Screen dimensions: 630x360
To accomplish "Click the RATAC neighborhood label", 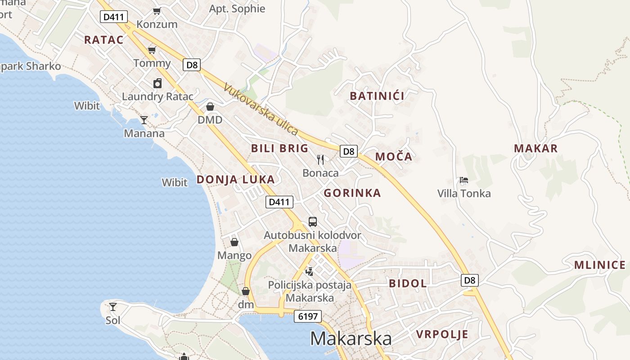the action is (x=103, y=40).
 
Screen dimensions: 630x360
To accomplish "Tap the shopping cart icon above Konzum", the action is (x=157, y=11).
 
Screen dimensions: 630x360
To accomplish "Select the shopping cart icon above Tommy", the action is (x=152, y=49).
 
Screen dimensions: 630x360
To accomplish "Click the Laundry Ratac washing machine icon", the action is (x=157, y=83).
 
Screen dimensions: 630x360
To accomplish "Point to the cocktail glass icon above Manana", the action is (x=144, y=120).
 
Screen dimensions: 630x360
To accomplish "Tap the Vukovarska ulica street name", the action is (x=261, y=110).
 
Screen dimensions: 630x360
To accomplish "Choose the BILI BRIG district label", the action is (x=279, y=148).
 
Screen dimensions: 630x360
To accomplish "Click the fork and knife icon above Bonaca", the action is (x=320, y=159).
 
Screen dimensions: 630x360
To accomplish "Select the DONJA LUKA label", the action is (x=235, y=180).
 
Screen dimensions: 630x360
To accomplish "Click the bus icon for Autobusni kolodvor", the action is (x=312, y=221).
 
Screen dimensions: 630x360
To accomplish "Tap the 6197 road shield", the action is (x=308, y=316).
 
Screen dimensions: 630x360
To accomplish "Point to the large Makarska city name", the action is (x=351, y=338).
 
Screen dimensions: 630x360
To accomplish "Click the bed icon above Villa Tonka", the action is (x=464, y=180).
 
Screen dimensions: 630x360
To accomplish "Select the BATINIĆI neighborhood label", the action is (x=377, y=95).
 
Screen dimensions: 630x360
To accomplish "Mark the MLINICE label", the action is (x=600, y=265).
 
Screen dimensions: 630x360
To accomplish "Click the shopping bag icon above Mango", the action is (x=234, y=242).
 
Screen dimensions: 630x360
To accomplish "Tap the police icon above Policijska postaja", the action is (x=309, y=271).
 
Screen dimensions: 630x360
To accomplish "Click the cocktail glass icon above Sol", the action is (x=113, y=307).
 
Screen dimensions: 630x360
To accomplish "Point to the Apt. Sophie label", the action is (x=237, y=9).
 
